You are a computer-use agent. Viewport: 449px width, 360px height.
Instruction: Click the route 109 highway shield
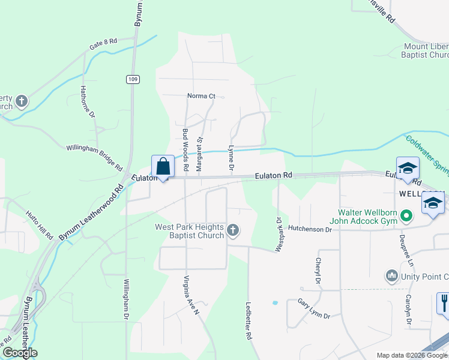133,79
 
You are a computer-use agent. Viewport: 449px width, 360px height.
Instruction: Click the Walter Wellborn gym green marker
406,214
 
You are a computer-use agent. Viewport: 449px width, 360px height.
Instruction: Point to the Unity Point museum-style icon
392,275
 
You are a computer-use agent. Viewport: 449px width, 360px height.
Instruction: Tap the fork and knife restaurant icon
443,302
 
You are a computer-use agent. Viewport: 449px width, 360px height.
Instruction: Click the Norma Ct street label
201,96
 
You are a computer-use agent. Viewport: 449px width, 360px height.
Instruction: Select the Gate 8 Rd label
103,44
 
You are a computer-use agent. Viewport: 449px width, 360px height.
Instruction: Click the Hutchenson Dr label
309,229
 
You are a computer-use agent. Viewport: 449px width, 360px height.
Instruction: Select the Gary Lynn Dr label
314,310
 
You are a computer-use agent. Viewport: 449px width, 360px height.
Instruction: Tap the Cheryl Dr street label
317,271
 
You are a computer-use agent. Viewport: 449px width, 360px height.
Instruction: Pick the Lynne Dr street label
231,160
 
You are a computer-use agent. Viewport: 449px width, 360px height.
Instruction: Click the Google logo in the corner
20,353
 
